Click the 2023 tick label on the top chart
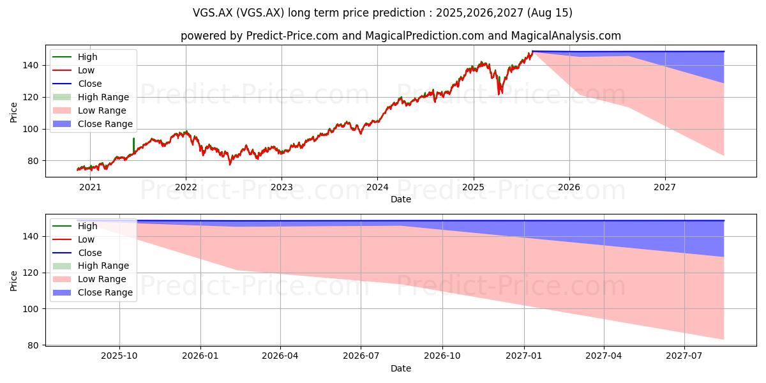282,188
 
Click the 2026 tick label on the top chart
569,188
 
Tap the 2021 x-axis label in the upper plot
90,188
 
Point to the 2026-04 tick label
280,356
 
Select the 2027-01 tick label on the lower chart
524,356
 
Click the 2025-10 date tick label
119,356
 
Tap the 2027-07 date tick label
684,356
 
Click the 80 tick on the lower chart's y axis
34,345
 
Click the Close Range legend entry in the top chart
93,124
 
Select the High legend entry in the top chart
75,57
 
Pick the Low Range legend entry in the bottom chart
89,279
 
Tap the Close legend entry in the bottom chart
77,253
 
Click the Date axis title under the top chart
401,199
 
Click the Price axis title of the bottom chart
13,281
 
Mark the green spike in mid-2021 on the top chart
133,145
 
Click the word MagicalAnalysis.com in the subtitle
566,36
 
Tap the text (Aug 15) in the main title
550,13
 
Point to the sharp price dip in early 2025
500,89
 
